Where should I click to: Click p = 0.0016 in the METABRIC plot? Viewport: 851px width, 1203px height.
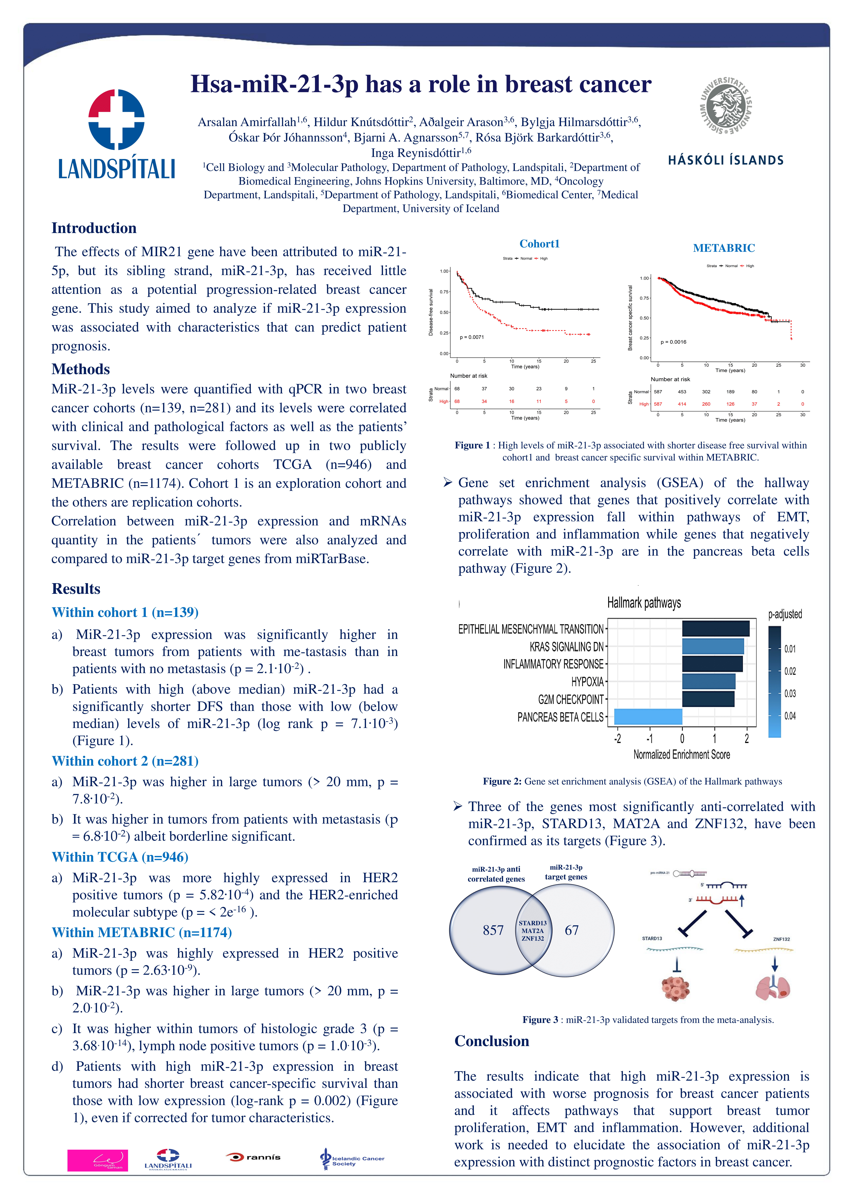tap(673, 342)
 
